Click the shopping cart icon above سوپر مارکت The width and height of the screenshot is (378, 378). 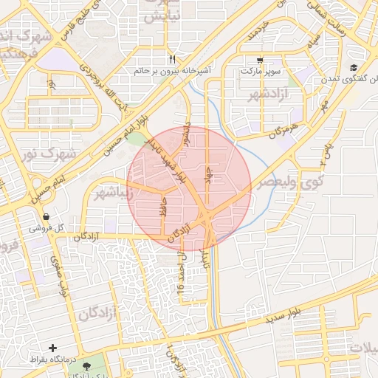pos(259,61)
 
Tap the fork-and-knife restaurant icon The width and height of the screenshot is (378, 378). pos(172,59)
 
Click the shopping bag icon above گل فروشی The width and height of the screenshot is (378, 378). pos(47,218)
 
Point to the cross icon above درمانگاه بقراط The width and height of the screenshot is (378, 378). pos(52,347)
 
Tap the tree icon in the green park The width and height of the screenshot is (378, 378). pos(88,366)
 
